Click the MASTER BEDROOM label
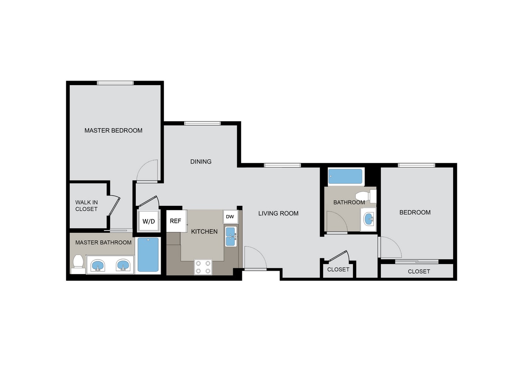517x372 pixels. pyautogui.click(x=113, y=130)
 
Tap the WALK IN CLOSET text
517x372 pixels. pyautogui.click(x=86, y=206)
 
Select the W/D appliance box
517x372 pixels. pyautogui.click(x=148, y=221)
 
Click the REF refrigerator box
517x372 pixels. pyautogui.click(x=175, y=221)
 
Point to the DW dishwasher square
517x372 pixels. pyautogui.click(x=230, y=217)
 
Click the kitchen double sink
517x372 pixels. pyautogui.click(x=231, y=237)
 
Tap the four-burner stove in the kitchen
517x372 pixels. pyautogui.click(x=203, y=267)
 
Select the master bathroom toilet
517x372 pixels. pyautogui.click(x=78, y=262)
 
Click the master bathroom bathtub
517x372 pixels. pyautogui.click(x=148, y=255)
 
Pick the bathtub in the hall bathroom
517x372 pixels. pyautogui.click(x=346, y=176)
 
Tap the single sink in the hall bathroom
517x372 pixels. pyautogui.click(x=368, y=218)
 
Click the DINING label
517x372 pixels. pyautogui.click(x=201, y=161)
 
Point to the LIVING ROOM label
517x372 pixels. pyautogui.click(x=278, y=213)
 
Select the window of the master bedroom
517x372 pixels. pyautogui.click(x=115, y=82)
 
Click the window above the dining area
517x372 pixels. pyautogui.click(x=202, y=123)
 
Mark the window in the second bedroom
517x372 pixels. pyautogui.click(x=417, y=165)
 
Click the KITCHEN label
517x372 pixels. pyautogui.click(x=204, y=231)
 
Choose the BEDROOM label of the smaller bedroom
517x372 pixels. pyautogui.click(x=415, y=212)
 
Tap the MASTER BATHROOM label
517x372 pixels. pyautogui.click(x=103, y=242)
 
